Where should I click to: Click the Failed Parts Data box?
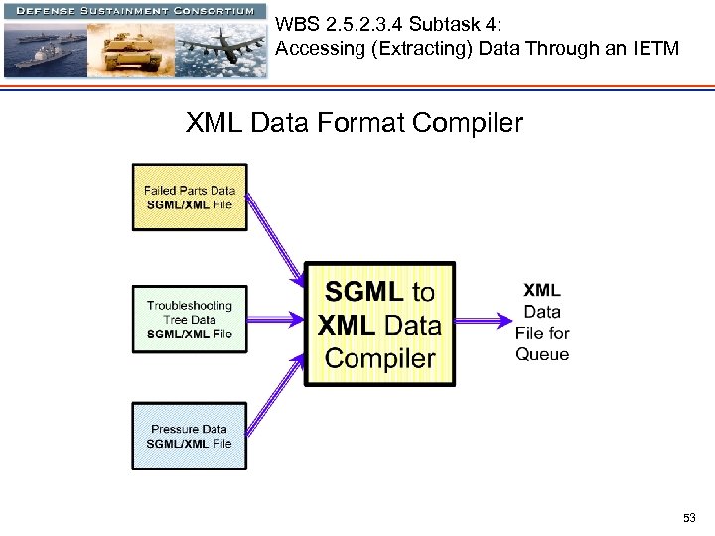190,197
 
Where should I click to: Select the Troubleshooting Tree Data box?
190,319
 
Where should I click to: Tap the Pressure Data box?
190,436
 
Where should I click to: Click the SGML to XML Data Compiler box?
379,324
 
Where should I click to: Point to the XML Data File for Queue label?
542,323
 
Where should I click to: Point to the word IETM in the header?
656,48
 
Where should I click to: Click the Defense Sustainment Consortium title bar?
134,9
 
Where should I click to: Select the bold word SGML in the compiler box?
363,292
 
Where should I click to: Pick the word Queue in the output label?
542,355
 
